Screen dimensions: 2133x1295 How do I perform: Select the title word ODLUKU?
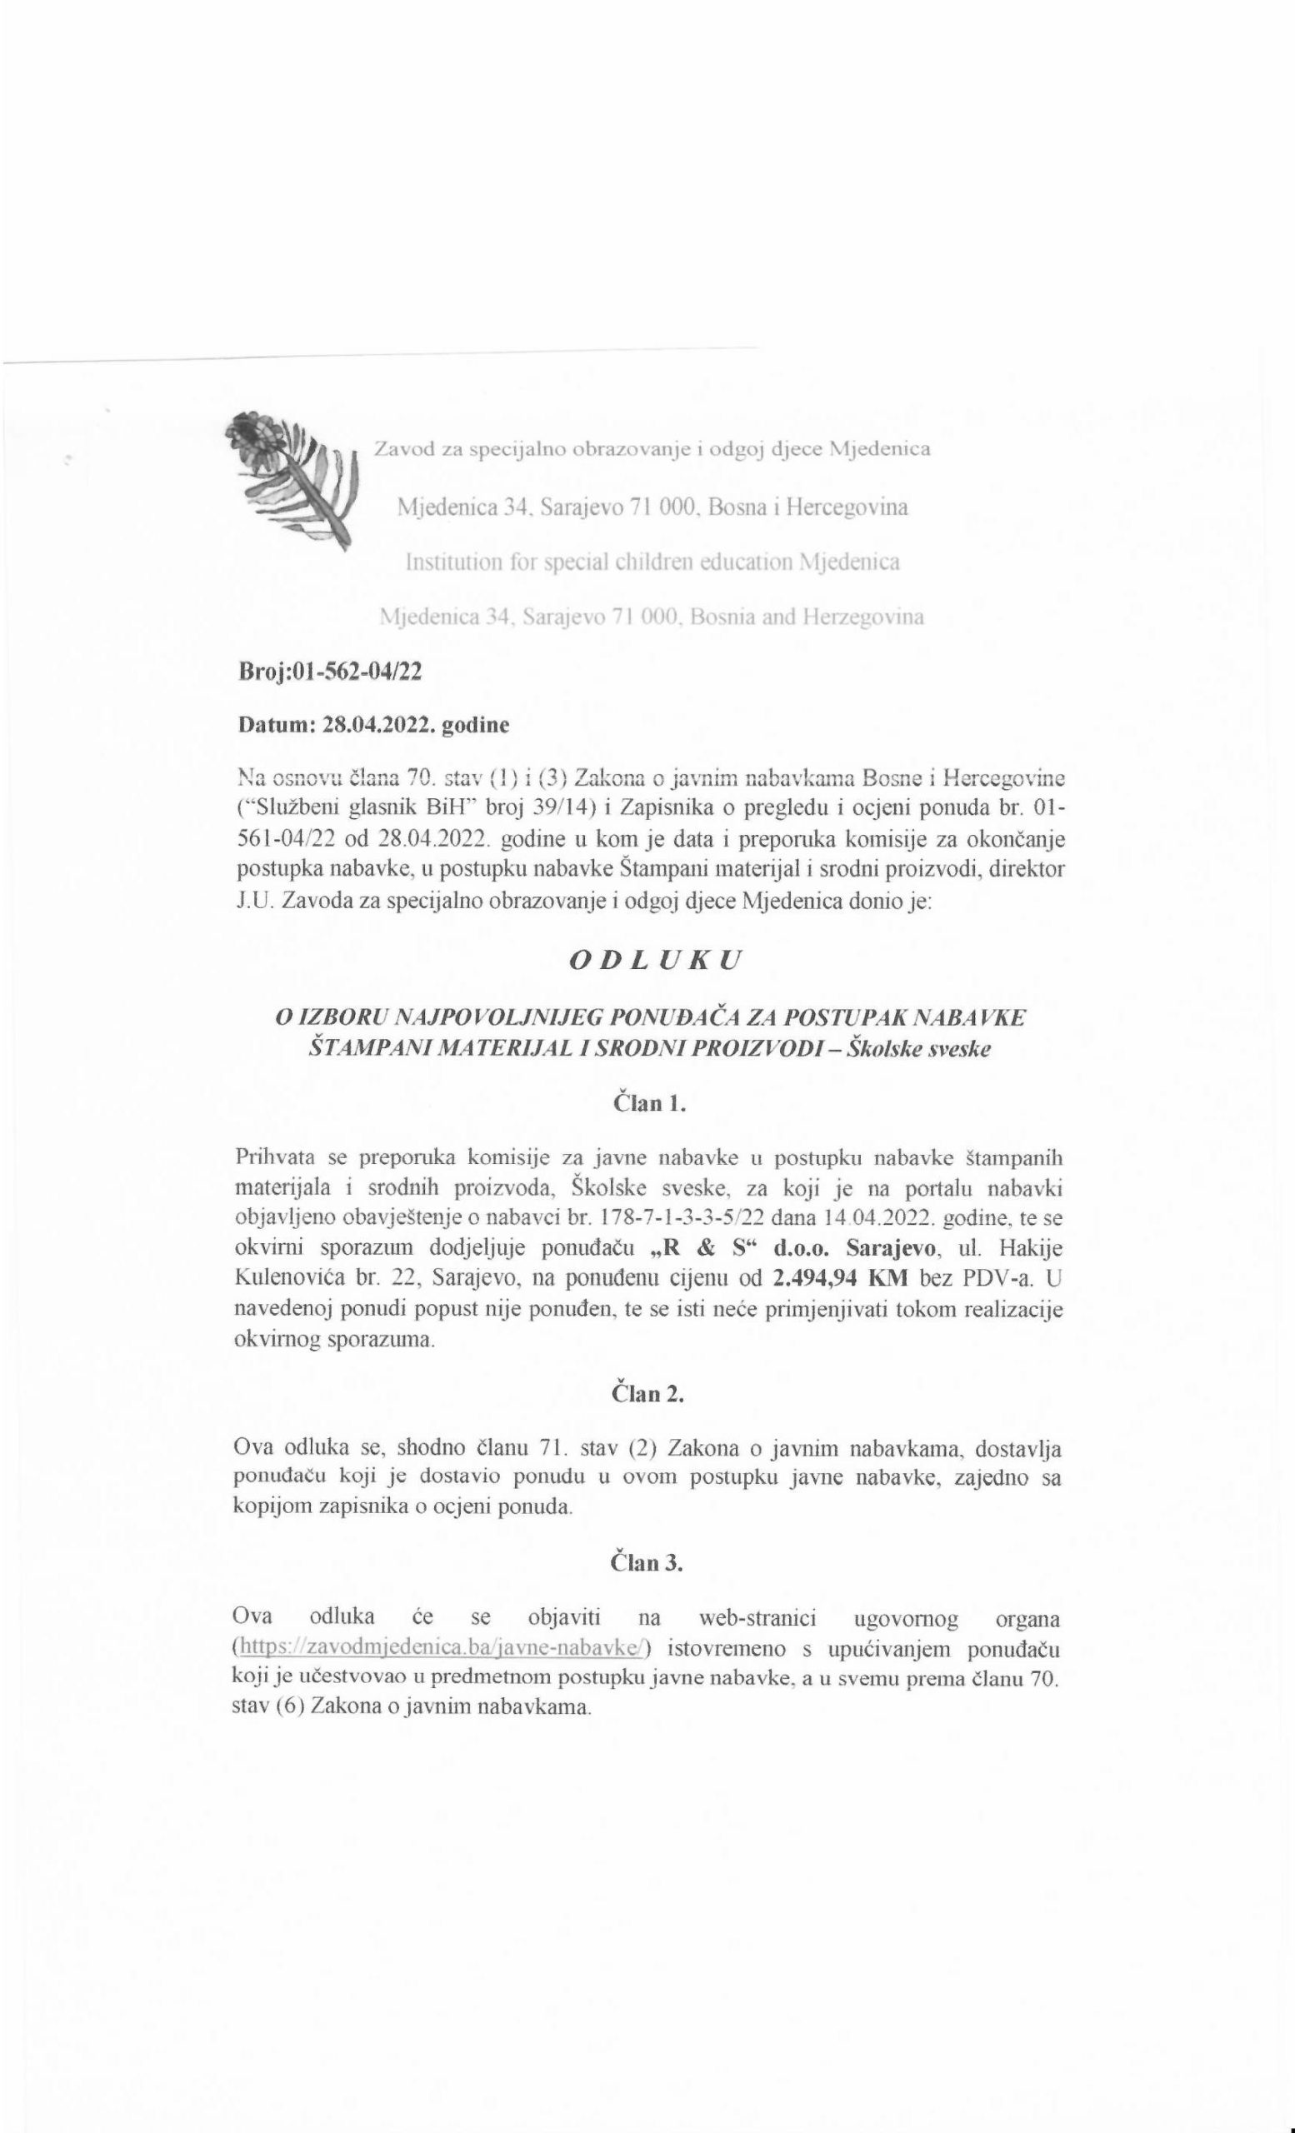[x=646, y=960]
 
